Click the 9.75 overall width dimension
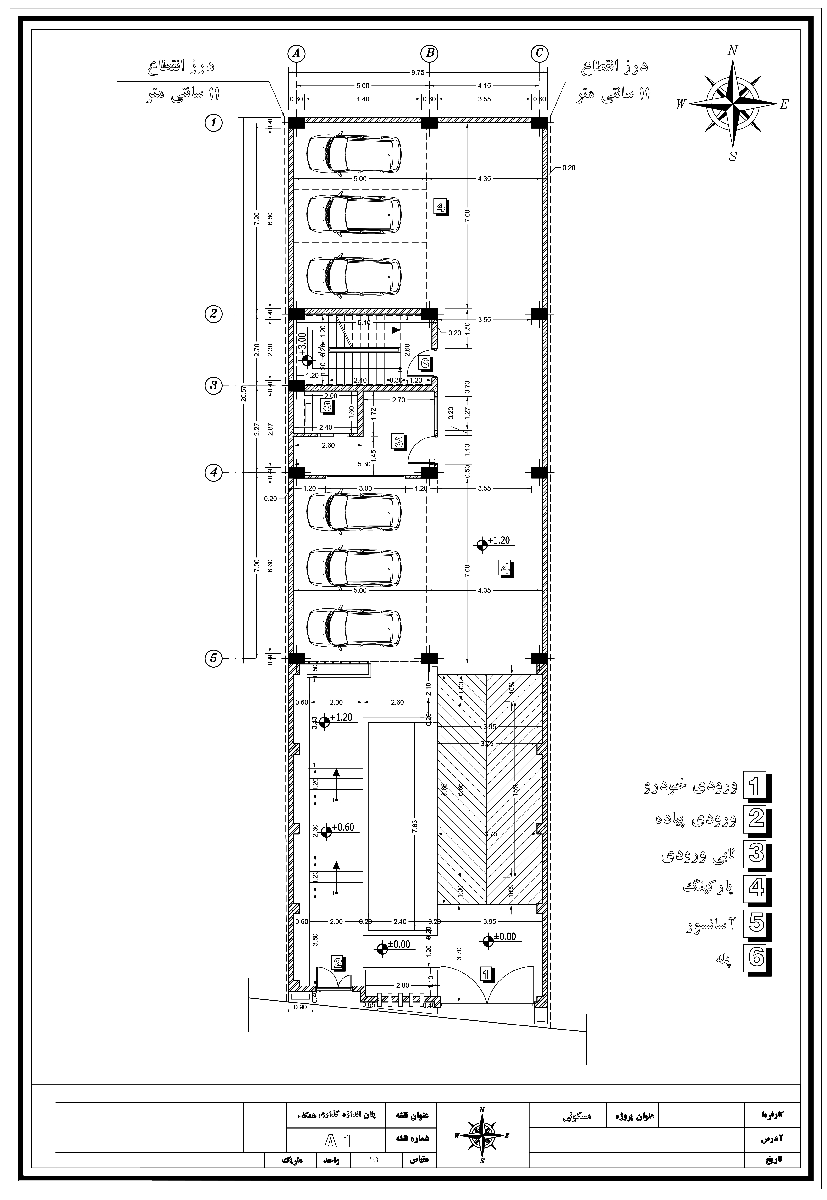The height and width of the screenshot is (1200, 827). coord(418,72)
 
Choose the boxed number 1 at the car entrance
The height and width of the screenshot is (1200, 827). coord(486,974)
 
